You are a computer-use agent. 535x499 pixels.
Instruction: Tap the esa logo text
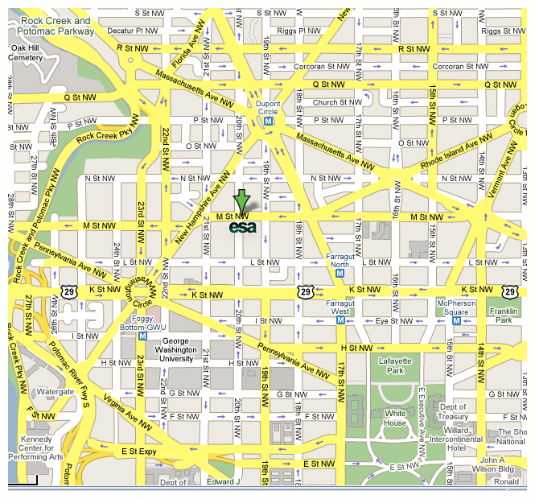tap(243, 227)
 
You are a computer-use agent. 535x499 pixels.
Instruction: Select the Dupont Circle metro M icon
tap(270, 122)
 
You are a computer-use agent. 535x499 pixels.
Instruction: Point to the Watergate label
tap(55, 392)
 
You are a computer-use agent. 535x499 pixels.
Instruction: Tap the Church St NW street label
tap(336, 102)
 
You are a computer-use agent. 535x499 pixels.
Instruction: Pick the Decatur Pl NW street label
tap(133, 30)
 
